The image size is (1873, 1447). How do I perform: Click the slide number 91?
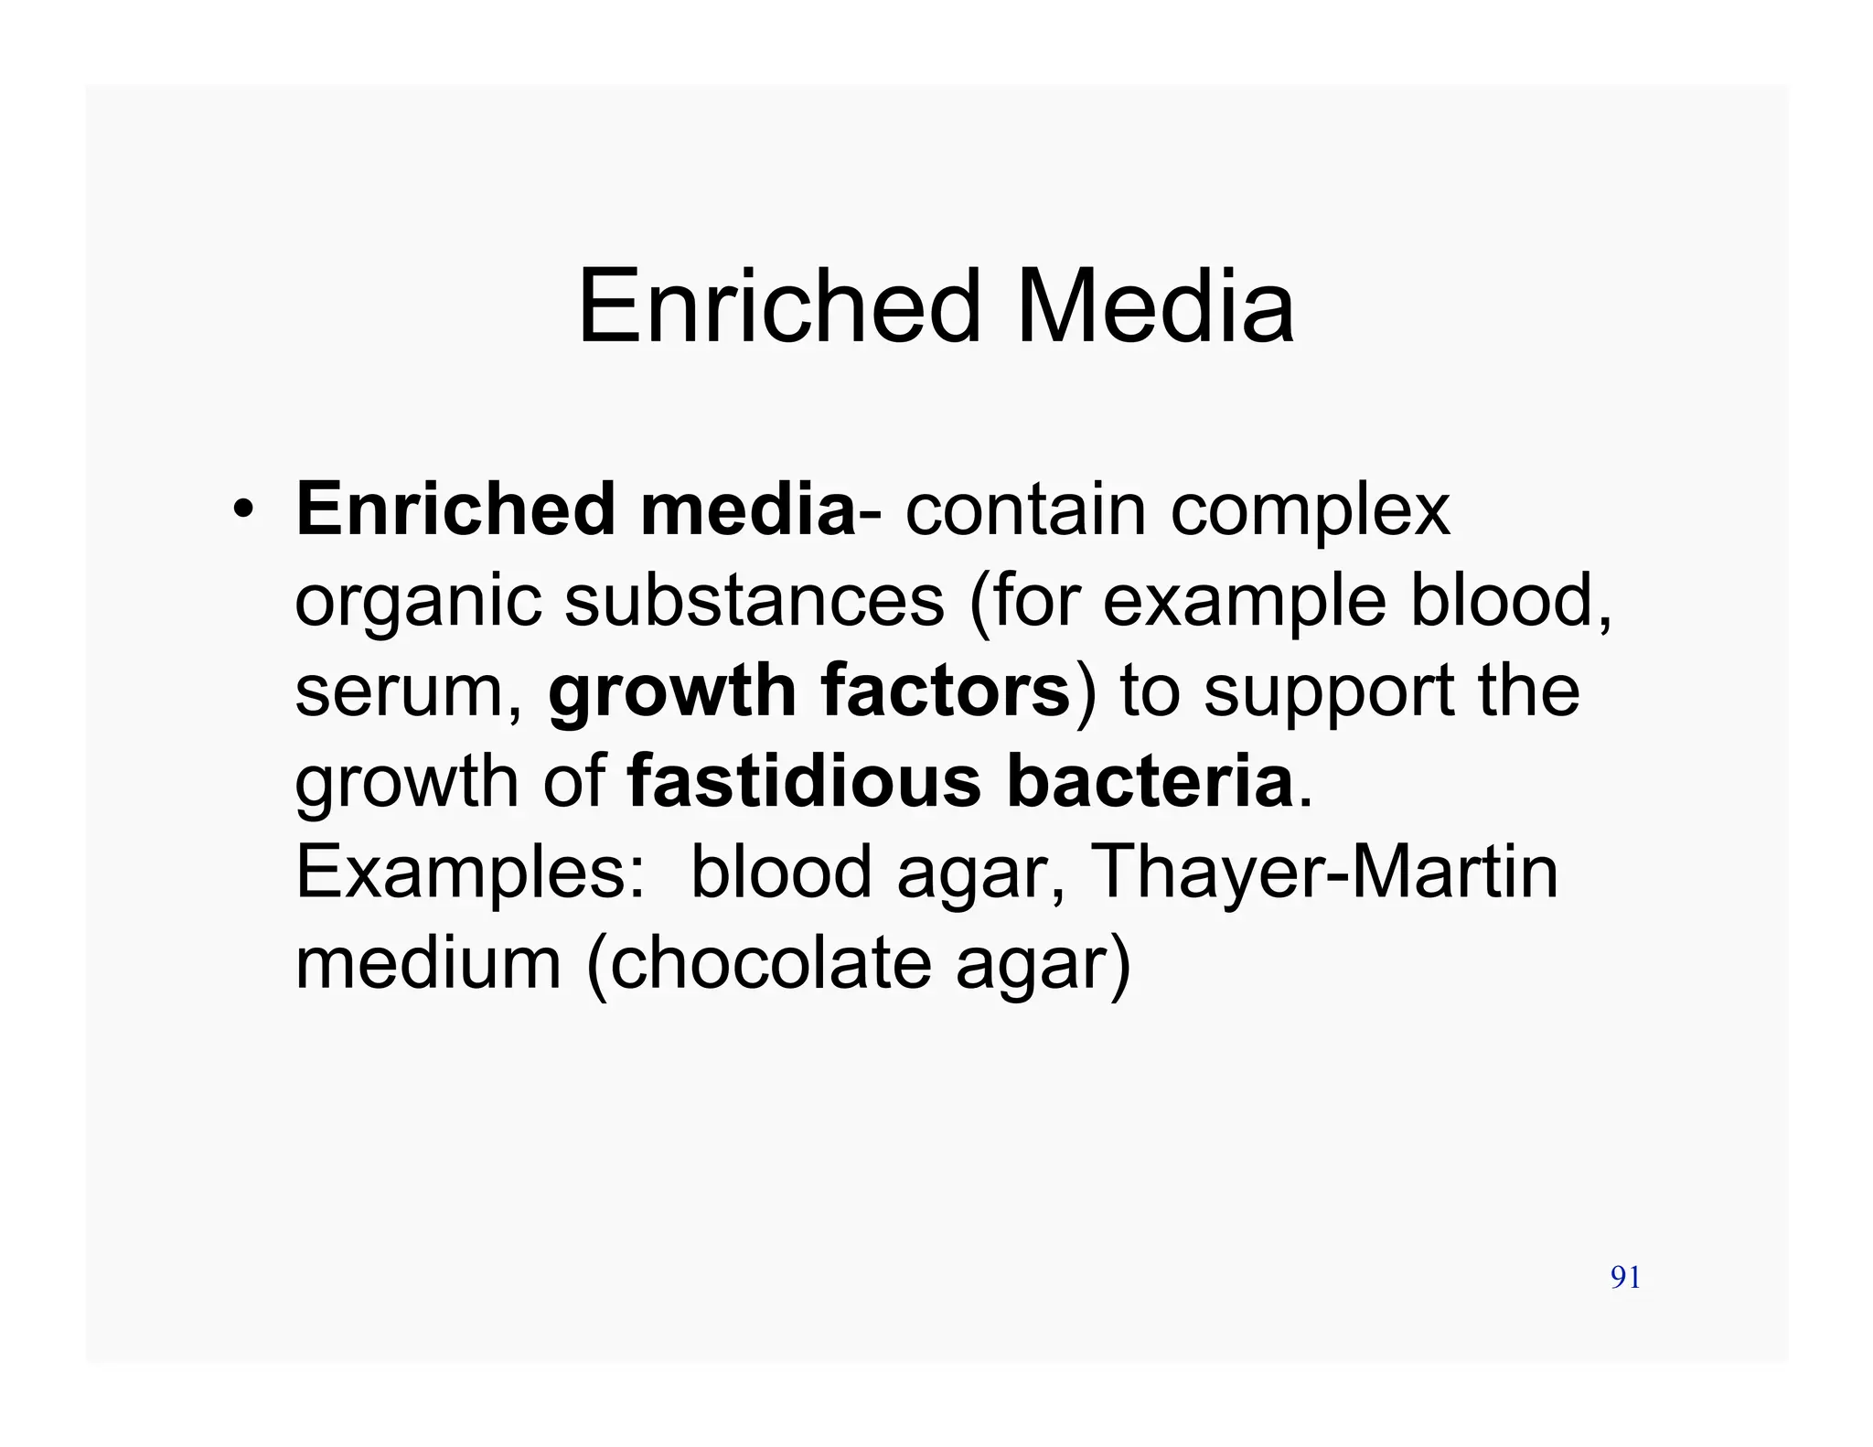(1625, 1278)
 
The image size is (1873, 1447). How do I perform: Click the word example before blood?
(1244, 604)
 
